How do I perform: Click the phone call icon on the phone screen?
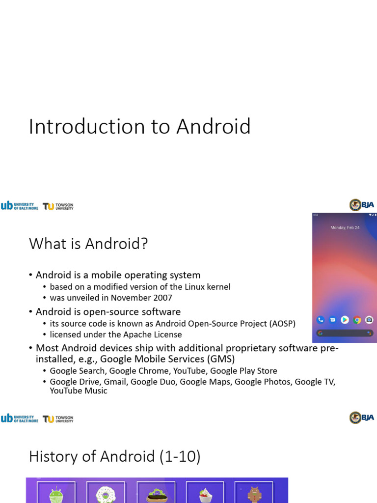point(321,320)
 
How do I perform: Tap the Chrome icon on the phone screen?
point(357,320)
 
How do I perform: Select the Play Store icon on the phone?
point(345,320)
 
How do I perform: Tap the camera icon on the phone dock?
point(369,320)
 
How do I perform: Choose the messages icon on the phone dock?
point(333,320)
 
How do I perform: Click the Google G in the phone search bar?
point(320,333)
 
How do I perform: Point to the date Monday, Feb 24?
point(345,228)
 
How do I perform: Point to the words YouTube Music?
point(79,391)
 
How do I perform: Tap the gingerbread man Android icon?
point(254,494)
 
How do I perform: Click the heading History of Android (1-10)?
point(115,457)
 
